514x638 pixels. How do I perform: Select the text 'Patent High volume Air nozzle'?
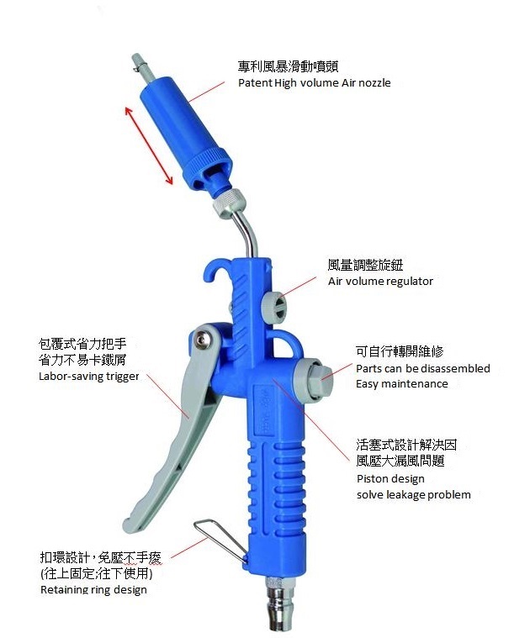tap(315, 83)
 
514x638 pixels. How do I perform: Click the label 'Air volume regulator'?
tap(379, 282)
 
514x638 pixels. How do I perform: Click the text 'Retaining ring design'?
tap(93, 590)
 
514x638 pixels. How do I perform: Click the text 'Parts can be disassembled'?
tap(423, 369)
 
